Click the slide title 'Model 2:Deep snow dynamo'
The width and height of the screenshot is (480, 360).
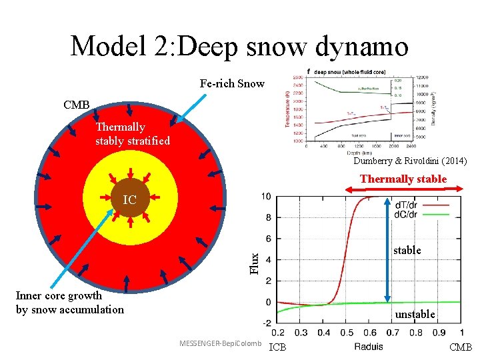pyautogui.click(x=239, y=45)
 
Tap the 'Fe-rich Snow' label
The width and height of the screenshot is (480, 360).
pyautogui.click(x=232, y=84)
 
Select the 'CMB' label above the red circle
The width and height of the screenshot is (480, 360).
pyautogui.click(x=76, y=105)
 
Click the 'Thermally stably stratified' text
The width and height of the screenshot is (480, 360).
pyautogui.click(x=132, y=133)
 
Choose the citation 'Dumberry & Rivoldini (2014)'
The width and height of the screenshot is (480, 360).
pyautogui.click(x=411, y=161)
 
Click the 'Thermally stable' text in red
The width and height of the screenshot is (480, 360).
pyautogui.click(x=403, y=179)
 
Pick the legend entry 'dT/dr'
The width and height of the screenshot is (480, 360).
pyautogui.click(x=407, y=205)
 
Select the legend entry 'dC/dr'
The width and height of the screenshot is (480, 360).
pyautogui.click(x=407, y=214)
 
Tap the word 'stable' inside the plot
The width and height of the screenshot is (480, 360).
pyautogui.click(x=407, y=250)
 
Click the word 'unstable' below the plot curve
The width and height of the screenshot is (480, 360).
pyautogui.click(x=415, y=314)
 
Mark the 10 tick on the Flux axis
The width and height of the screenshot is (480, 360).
pyautogui.click(x=265, y=196)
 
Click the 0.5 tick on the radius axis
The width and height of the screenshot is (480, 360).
pyautogui.click(x=346, y=332)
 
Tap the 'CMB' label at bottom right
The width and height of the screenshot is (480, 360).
pyautogui.click(x=461, y=347)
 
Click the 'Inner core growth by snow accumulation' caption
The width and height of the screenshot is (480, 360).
pyautogui.click(x=69, y=302)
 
